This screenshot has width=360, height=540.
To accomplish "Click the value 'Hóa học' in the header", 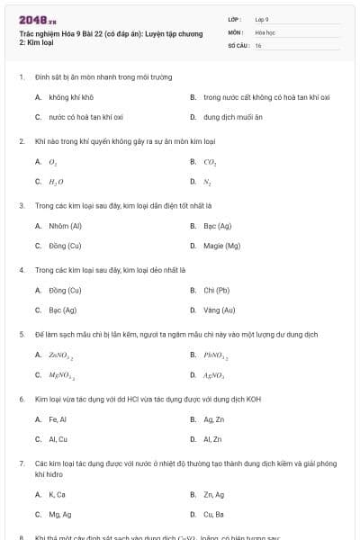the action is (x=265, y=31).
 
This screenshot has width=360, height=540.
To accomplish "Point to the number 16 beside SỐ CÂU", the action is (x=258, y=45).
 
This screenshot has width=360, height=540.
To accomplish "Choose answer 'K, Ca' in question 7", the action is (x=57, y=494).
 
